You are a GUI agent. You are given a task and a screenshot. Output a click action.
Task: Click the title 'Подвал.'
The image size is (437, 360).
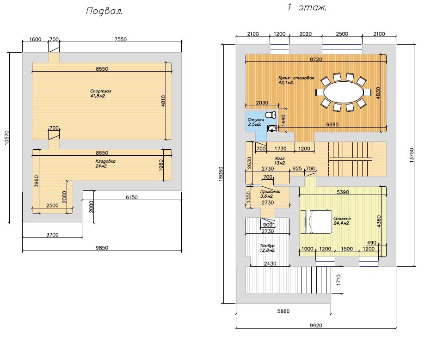point(104,12)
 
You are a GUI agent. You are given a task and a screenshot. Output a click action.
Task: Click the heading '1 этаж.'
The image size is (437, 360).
point(307,7)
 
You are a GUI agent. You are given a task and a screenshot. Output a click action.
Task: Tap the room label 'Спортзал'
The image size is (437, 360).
point(101,91)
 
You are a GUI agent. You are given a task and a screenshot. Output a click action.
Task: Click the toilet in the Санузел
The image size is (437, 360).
point(270,115)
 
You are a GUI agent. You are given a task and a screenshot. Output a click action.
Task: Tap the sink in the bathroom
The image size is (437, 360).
point(272,128)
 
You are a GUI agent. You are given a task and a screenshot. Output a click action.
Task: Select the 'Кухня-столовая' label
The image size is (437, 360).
point(296,78)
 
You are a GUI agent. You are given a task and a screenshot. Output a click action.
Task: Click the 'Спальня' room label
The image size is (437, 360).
point(342,219)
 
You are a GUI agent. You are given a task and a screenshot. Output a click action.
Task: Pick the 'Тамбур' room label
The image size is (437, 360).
point(267,245)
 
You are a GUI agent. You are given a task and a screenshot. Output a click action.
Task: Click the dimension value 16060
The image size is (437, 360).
point(221,174)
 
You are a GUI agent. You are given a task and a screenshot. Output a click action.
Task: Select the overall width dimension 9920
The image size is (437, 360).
point(315,325)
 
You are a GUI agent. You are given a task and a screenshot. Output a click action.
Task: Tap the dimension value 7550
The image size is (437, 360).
point(120,39)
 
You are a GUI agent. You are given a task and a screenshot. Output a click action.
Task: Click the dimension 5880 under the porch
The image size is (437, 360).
point(283,311)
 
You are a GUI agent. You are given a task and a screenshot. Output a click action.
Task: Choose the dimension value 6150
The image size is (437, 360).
point(132,197)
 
